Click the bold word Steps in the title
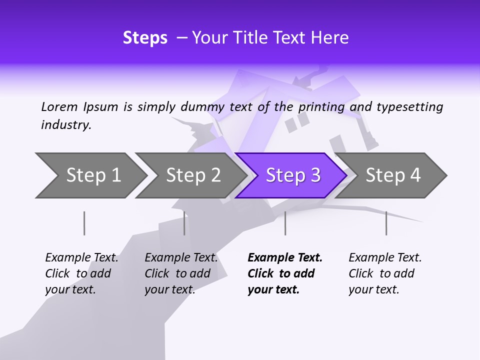[x=145, y=38]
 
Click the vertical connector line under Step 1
[x=84, y=223]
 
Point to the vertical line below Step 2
[x=184, y=223]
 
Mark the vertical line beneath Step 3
[x=285, y=223]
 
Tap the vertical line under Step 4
[x=386, y=223]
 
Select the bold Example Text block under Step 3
[x=284, y=273]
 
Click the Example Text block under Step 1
[x=81, y=273]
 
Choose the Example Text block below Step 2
[x=181, y=273]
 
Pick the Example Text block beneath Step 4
[x=385, y=273]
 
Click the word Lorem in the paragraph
[x=59, y=106]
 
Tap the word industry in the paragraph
[x=66, y=125]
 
